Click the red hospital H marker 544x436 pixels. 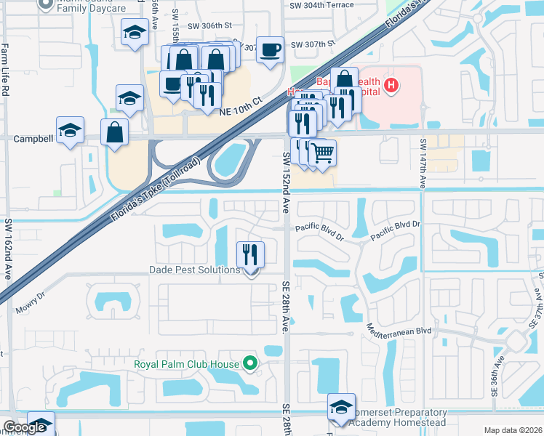coord(391,86)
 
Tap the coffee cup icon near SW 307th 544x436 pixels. coord(271,50)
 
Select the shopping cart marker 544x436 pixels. coord(322,153)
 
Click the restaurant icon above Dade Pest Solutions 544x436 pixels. coord(250,254)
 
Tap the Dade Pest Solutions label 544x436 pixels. coord(194,270)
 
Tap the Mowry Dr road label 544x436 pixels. coord(31,303)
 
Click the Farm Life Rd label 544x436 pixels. coord(5,70)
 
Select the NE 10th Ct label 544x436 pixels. coord(240,106)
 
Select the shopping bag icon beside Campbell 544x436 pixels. coord(115,133)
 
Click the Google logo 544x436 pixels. coord(25,427)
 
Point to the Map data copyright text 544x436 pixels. coord(513,430)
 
